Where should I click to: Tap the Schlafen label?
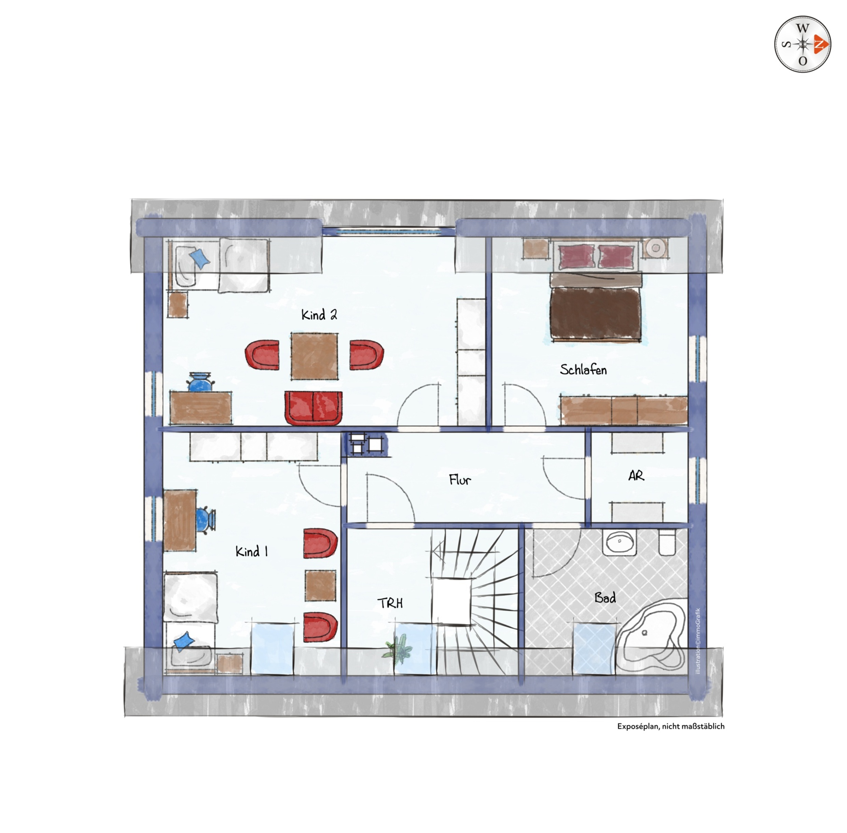583,369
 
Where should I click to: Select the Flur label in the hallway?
460,480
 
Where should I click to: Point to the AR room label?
636,476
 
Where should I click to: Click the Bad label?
605,598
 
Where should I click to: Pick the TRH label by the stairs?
390,603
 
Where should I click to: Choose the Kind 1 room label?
251,551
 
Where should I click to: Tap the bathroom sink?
620,543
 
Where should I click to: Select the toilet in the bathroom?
667,543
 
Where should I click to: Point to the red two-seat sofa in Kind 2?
313,408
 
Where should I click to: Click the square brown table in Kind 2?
315,356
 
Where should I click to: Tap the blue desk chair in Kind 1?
205,520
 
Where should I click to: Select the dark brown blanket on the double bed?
596,313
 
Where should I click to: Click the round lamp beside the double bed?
655,248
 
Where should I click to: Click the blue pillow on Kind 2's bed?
199,259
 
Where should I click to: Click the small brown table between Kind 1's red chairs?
320,585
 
